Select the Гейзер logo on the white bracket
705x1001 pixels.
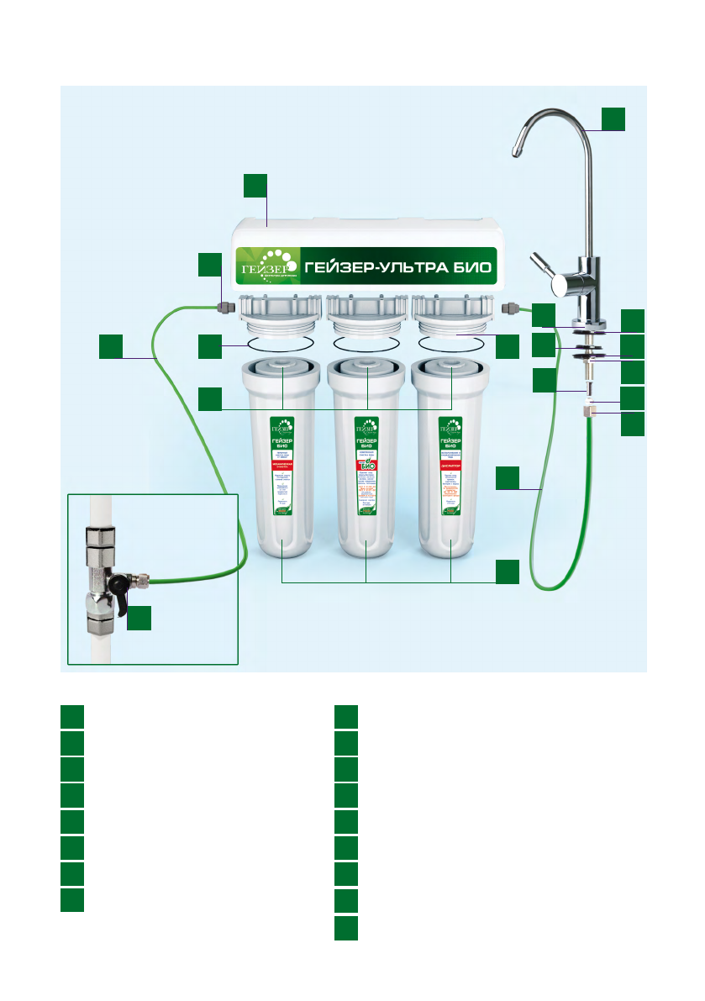point(266,266)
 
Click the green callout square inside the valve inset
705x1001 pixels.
point(139,618)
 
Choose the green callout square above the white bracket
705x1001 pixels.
point(255,186)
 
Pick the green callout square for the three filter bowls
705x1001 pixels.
point(507,572)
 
